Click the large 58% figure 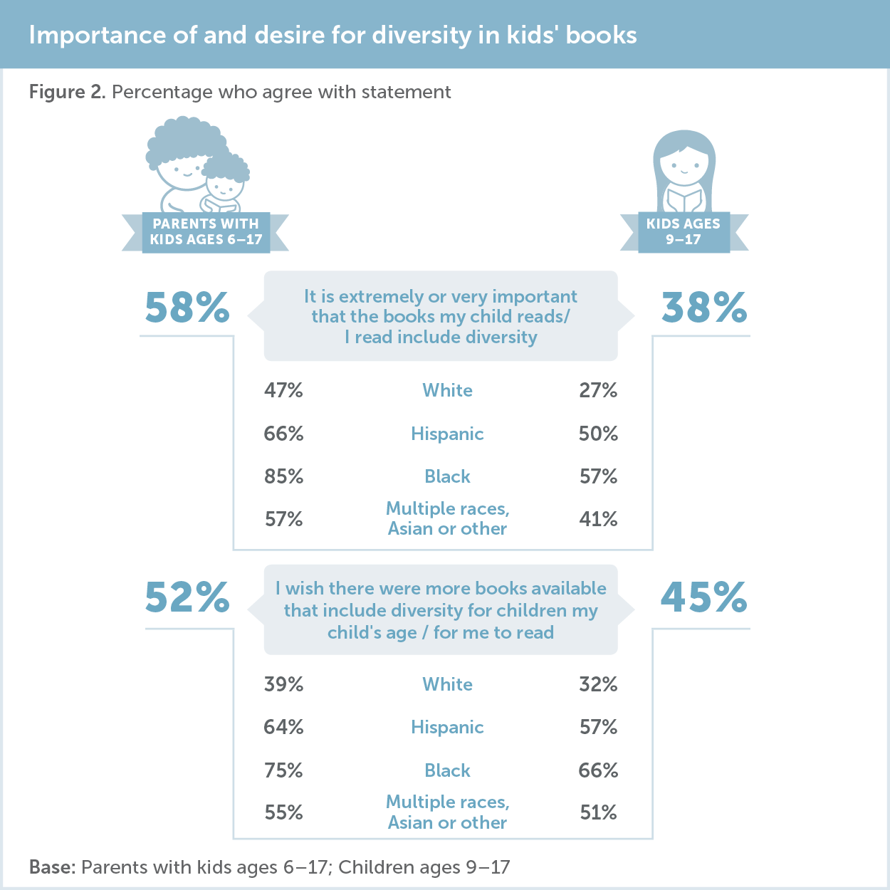pos(187,308)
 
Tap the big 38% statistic pos(704,308)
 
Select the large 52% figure pos(187,597)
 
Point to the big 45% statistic pos(704,597)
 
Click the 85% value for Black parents pos(283,476)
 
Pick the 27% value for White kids pos(598,390)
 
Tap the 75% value pos(283,770)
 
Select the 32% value pos(598,684)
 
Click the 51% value pos(598,812)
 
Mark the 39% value pos(283,684)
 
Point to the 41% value pos(598,519)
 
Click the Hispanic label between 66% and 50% pos(447,434)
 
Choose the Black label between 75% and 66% pos(447,770)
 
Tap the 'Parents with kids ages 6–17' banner pos(206,232)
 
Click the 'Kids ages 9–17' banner pos(684,232)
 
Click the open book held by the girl pos(684,200)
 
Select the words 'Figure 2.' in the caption pos(67,92)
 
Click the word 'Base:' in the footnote pos(52,867)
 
